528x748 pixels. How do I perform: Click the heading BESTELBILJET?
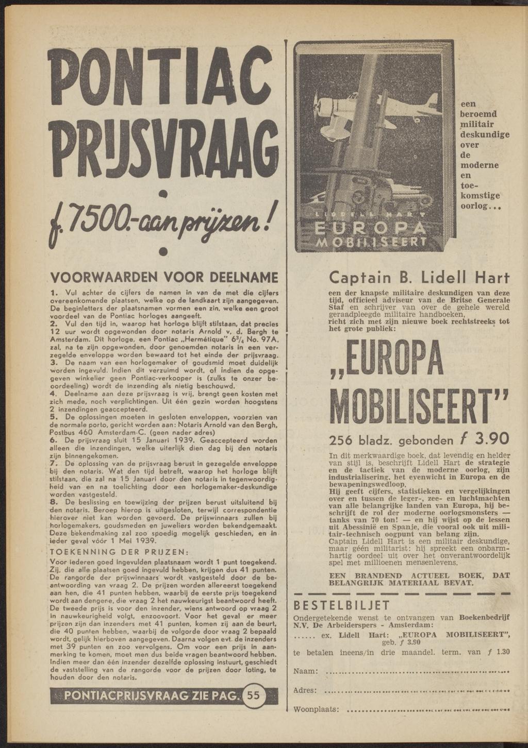[342, 605]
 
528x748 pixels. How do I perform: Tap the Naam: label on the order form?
[305, 671]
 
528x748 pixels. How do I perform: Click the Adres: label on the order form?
[305, 690]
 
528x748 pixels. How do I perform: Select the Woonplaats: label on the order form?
[316, 710]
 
